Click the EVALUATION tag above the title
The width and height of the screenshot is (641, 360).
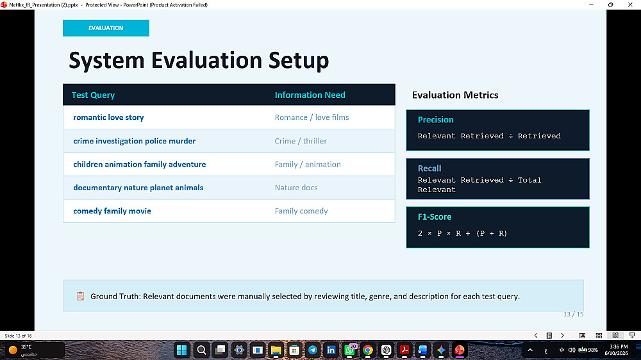(x=106, y=28)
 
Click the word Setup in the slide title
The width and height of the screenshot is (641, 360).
(x=299, y=61)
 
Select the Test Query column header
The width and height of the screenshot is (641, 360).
(x=93, y=95)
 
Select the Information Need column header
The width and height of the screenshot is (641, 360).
(x=310, y=95)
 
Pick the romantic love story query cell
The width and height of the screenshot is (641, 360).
(x=108, y=117)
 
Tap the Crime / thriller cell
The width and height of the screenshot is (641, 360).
(x=301, y=140)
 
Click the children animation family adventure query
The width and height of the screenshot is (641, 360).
(x=139, y=164)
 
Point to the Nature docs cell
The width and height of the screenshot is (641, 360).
(x=296, y=188)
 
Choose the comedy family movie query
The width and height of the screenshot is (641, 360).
(x=112, y=211)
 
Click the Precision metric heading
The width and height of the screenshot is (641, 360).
(x=436, y=120)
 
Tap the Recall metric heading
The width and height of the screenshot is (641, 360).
(x=429, y=168)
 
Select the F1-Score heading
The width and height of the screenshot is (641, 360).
(x=435, y=217)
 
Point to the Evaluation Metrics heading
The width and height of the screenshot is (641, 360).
(x=455, y=95)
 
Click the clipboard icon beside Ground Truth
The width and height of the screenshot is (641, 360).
(x=81, y=296)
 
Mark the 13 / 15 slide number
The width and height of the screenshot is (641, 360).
(x=573, y=315)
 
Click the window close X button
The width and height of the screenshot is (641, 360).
(x=630, y=4)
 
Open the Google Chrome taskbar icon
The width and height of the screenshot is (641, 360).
(x=367, y=350)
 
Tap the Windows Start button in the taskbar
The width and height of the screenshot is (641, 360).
(x=181, y=350)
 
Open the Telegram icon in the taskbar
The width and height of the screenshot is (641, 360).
(x=313, y=350)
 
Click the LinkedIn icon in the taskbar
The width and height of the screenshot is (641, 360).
(x=331, y=350)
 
